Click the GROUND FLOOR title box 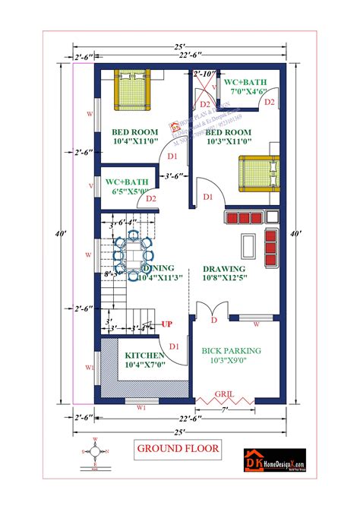click(x=178, y=447)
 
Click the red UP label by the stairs click(x=167, y=324)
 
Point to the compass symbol click(x=94, y=451)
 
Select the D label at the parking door click(x=213, y=321)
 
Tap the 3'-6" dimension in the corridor click(x=174, y=177)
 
